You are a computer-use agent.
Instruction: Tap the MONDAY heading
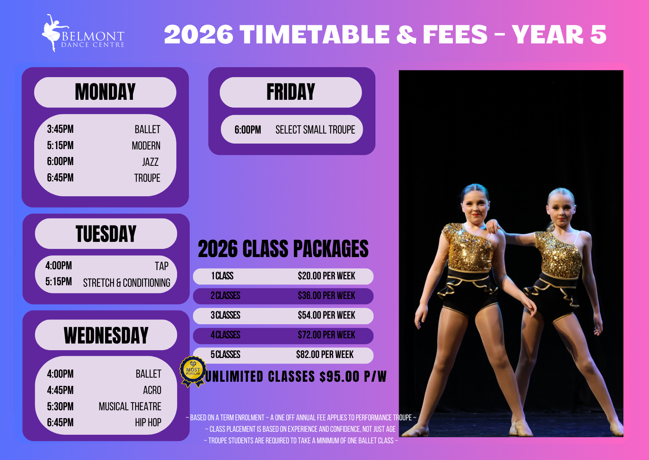(105, 92)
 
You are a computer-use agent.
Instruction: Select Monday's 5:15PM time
(60, 145)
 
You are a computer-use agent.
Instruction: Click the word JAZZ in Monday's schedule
(150, 162)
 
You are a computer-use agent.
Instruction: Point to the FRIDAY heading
(291, 92)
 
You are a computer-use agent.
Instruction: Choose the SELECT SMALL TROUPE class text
(315, 130)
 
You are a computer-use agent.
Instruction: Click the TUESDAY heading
(106, 234)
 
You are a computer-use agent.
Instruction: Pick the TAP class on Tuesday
(162, 266)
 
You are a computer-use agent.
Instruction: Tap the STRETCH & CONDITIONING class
(127, 283)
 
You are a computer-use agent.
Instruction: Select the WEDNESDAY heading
(106, 335)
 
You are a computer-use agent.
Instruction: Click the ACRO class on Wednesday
(152, 390)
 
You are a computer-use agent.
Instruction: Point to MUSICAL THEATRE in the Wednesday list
(130, 407)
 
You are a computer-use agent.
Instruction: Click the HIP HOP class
(148, 423)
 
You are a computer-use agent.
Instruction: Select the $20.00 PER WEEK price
(326, 276)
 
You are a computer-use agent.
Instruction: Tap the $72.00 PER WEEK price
(326, 335)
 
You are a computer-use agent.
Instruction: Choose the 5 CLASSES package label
(225, 355)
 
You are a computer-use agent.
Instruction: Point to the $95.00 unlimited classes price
(339, 377)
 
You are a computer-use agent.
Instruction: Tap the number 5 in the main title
(598, 34)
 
